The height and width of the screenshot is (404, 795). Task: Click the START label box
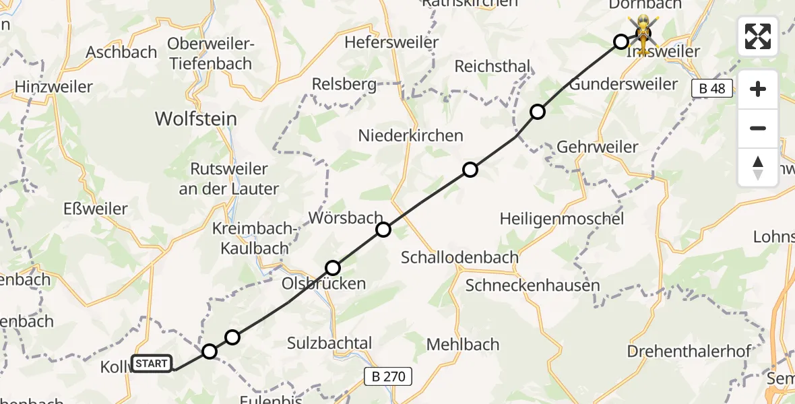coord(152,364)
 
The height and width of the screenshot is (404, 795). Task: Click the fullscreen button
coord(758,36)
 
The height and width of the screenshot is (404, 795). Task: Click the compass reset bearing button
coord(758,168)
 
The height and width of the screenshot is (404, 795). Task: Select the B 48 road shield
coord(711,88)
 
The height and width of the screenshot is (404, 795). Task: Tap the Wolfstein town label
coord(195,119)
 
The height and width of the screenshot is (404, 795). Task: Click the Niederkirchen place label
coord(411,135)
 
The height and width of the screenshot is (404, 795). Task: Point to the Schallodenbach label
coord(459,257)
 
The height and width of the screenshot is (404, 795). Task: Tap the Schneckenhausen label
coord(532,285)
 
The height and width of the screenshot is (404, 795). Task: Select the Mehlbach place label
coord(463,344)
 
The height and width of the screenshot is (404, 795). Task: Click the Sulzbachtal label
coord(329,343)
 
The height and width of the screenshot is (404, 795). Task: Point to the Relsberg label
coord(344,85)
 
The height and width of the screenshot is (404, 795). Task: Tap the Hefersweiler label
coord(391,42)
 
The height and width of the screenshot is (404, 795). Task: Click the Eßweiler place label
coord(96,209)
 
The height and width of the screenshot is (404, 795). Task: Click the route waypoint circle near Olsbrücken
coord(333,268)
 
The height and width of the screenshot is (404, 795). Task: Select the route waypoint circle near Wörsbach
coord(383,230)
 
